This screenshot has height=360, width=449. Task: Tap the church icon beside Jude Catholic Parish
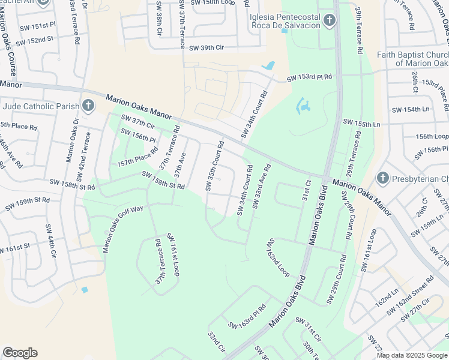click(88, 107)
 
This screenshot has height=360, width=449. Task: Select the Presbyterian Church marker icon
click(382, 178)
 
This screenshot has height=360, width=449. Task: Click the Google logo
click(20, 353)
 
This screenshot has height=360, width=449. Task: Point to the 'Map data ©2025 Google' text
click(412, 355)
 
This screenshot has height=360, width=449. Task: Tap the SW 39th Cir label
click(206, 48)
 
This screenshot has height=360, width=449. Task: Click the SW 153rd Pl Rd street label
click(309, 79)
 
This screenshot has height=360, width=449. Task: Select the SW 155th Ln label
click(361, 123)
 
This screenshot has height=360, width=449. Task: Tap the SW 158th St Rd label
click(163, 180)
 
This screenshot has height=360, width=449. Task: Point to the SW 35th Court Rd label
click(214, 166)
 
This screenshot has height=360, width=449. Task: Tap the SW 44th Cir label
click(50, 242)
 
